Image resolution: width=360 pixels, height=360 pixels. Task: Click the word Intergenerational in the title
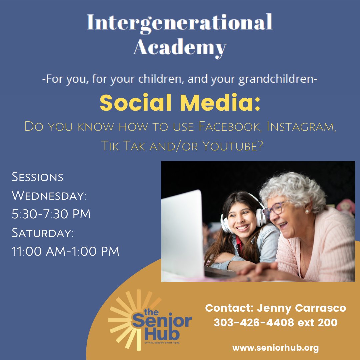click(x=180, y=23)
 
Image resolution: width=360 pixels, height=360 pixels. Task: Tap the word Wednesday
click(x=49, y=196)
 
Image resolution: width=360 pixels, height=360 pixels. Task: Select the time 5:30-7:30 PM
click(x=51, y=214)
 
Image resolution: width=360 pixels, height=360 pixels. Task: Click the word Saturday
click(x=43, y=233)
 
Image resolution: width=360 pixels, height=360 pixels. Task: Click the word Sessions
click(x=37, y=177)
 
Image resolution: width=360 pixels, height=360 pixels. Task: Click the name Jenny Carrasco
click(x=301, y=308)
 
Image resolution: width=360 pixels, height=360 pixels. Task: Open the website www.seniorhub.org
click(x=275, y=348)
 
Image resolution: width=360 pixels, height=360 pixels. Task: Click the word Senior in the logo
click(x=162, y=321)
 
